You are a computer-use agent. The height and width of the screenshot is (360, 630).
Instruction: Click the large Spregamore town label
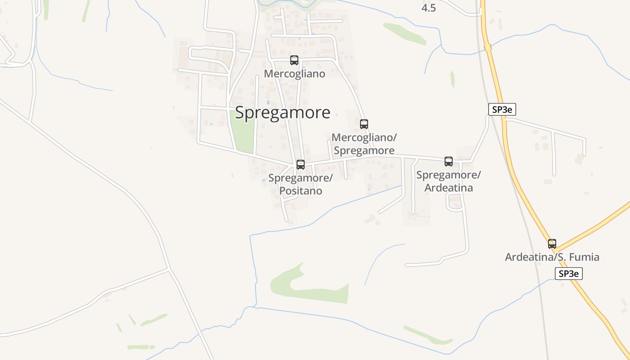click(x=283, y=112)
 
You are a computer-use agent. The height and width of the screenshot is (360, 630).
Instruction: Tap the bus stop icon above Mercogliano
click(x=294, y=60)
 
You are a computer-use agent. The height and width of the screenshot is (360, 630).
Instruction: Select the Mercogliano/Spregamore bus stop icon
click(x=364, y=124)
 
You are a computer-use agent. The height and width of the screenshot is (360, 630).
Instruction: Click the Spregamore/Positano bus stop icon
click(x=301, y=165)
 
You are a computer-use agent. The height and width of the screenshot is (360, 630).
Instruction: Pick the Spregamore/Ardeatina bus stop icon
click(x=449, y=162)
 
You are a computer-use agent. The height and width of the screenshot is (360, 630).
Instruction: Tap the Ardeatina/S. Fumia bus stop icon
click(x=552, y=244)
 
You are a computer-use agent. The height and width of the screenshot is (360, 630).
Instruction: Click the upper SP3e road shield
click(x=502, y=109)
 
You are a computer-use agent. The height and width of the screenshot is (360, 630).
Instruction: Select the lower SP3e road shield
click(x=569, y=273)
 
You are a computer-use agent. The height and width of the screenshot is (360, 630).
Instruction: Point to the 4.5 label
click(x=428, y=8)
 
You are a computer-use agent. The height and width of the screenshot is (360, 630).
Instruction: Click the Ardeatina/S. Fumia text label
click(x=552, y=257)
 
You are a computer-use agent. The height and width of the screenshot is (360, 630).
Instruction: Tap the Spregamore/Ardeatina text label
click(x=449, y=181)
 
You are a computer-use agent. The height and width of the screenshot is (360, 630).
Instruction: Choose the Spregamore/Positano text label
click(x=301, y=184)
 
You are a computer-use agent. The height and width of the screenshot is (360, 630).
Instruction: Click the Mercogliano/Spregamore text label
click(x=364, y=144)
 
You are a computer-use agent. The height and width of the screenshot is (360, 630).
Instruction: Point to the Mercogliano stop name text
click(x=294, y=74)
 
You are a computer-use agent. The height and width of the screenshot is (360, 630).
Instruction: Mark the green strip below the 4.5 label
click(x=405, y=34)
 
